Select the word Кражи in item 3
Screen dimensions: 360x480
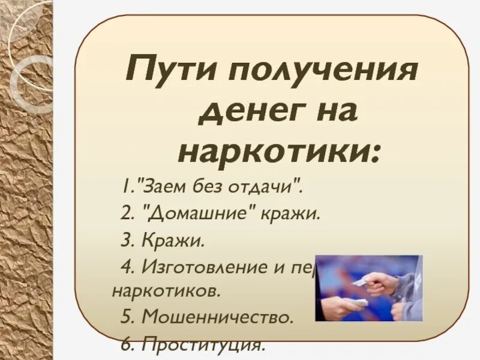[x=173, y=241]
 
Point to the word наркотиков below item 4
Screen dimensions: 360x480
[x=166, y=292]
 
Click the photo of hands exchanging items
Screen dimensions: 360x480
[x=369, y=288]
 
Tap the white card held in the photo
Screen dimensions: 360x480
[x=359, y=281]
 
